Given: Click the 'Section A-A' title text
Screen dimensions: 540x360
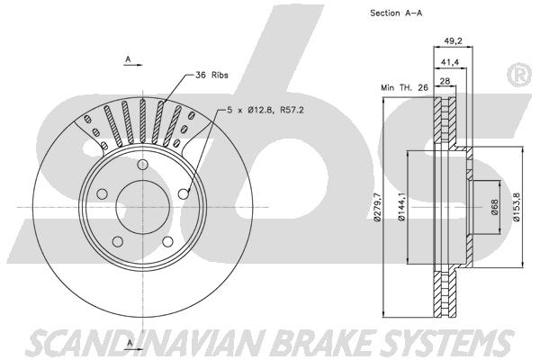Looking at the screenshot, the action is [x=396, y=13].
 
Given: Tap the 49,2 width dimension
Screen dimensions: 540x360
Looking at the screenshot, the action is [x=453, y=41].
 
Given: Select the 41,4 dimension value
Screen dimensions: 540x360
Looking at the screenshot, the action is [x=450, y=62].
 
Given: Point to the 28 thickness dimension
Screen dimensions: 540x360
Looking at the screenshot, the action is [x=445, y=81].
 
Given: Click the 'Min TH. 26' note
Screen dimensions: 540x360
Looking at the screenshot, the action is [x=404, y=87].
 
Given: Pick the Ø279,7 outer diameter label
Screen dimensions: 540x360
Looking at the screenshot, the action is [x=377, y=207].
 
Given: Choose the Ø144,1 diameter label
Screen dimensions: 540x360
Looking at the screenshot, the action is [x=401, y=207].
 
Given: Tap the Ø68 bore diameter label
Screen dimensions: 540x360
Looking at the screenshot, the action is [x=495, y=207].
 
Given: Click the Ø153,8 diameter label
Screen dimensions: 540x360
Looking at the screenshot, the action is [x=516, y=207].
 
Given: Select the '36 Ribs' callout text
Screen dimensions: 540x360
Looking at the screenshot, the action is [x=211, y=75].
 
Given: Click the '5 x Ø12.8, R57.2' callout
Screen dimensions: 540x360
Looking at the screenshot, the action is [x=265, y=110].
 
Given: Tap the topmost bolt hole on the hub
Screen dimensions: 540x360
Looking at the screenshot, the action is [x=142, y=165].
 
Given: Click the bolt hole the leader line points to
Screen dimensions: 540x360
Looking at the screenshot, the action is [x=184, y=194].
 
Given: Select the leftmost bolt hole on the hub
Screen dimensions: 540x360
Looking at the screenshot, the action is [x=102, y=194].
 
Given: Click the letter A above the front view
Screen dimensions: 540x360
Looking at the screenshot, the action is [x=128, y=59].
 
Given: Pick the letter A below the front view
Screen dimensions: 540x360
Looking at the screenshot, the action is [x=130, y=343].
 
